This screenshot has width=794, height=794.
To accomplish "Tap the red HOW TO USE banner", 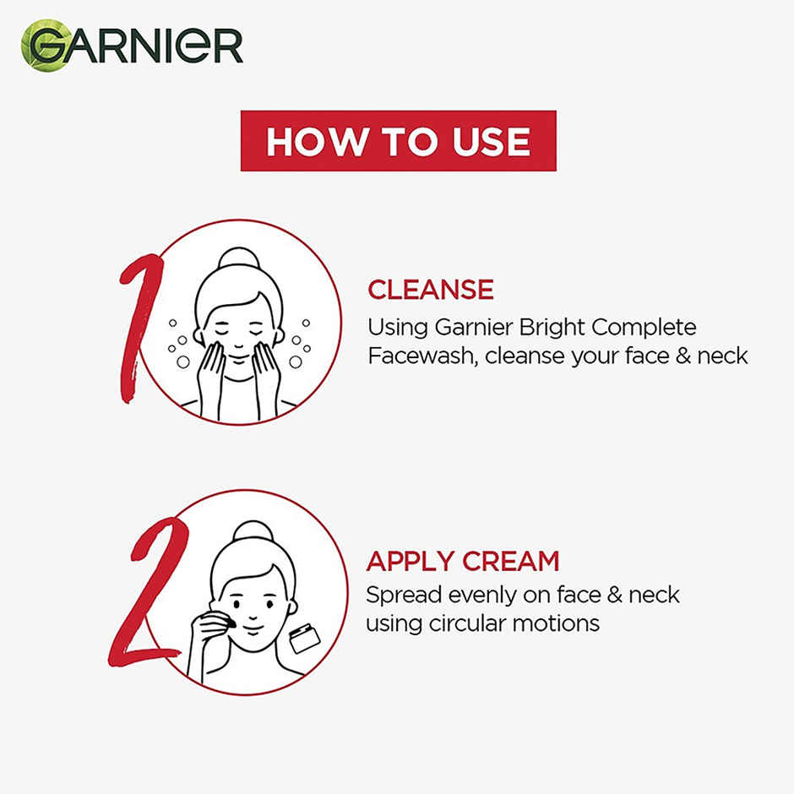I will click(x=398, y=141).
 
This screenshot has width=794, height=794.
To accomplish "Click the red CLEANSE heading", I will click(x=431, y=290).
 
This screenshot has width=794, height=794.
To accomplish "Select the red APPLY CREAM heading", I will click(x=463, y=561).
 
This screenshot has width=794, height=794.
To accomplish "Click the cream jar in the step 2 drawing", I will click(x=304, y=638).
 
